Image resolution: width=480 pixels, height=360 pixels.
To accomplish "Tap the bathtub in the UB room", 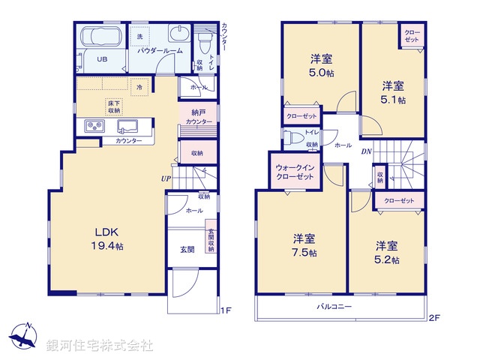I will [99, 37].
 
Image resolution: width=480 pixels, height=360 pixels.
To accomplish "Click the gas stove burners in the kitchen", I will [96, 126].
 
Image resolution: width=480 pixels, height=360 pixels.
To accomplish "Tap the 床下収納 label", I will [114, 106].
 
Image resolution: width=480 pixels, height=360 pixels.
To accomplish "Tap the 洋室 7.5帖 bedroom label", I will [304, 245].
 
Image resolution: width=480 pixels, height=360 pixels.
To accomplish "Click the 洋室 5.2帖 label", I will [386, 252].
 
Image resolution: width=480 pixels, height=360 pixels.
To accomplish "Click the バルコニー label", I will [334, 307].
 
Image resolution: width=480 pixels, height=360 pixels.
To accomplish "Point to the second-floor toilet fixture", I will [295, 137].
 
